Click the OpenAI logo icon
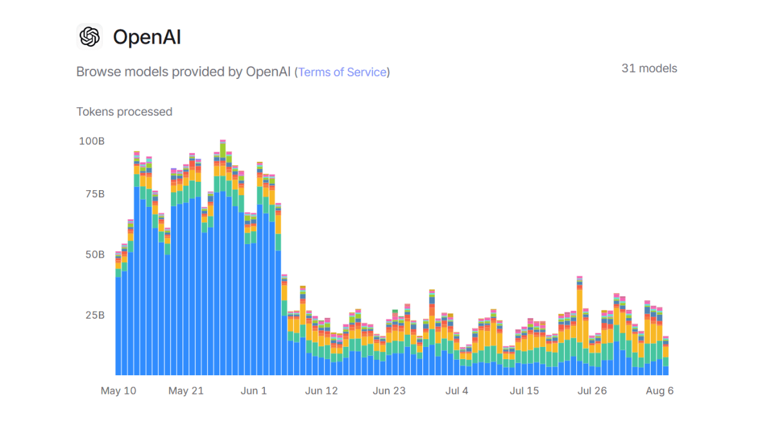pos(89,37)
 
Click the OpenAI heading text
pos(147,37)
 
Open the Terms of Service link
pos(342,72)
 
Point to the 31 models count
pos(649,68)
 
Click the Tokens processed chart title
pos(124,112)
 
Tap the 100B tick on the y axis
pos(92,141)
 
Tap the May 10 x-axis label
pos(118,391)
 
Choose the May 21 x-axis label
pos(186,391)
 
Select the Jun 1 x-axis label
pos(253,391)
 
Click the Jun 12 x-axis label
pos(322,391)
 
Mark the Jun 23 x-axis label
pos(389,391)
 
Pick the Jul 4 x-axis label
pos(457,391)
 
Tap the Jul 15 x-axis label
pos(524,391)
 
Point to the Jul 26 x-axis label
pos(592,391)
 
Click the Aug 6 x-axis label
pos(659,391)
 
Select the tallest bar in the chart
pos(222,257)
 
